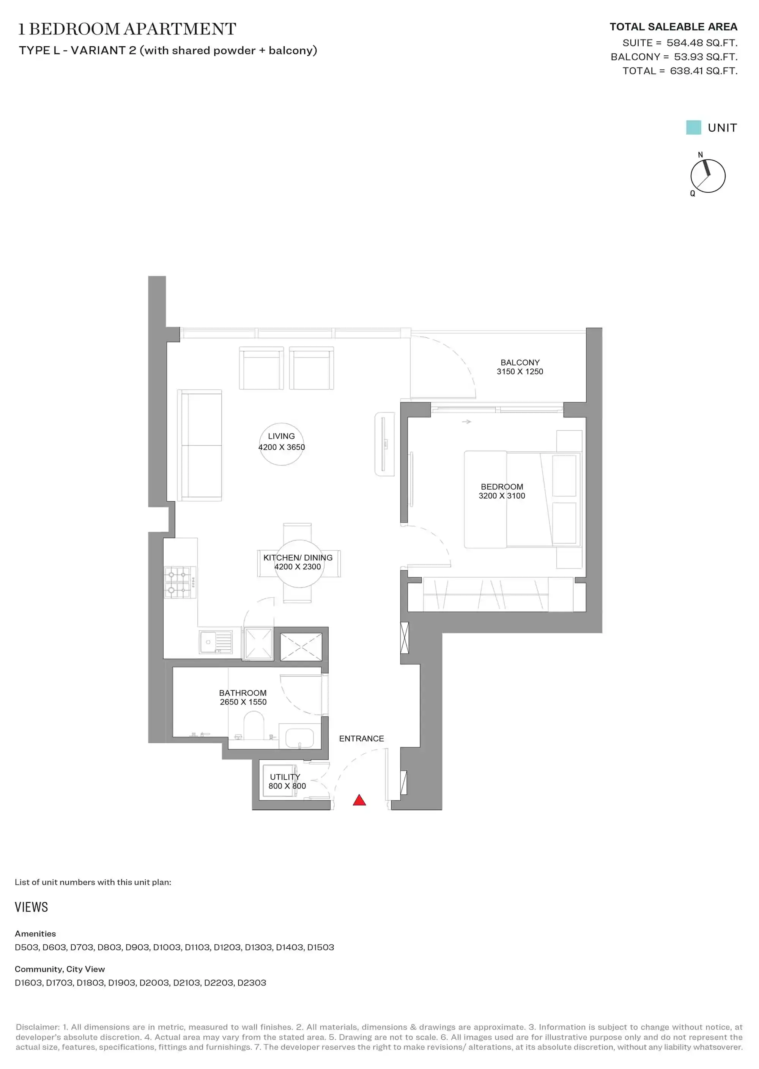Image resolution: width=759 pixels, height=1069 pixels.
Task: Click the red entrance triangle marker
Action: pos(359,800)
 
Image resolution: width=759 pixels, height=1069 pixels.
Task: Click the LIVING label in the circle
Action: pos(281,436)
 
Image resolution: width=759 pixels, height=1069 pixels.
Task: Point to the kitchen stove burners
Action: pos(180,582)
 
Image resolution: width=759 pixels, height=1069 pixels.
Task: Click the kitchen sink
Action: pos(216,642)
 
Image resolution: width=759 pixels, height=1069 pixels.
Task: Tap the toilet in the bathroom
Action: pos(254,726)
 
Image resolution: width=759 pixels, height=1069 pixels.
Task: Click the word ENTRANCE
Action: pos(361,739)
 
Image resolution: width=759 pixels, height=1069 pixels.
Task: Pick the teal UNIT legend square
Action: pos(694,128)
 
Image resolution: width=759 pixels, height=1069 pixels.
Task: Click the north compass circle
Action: pos(708,176)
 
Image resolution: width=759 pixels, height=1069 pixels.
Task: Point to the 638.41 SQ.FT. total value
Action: pos(703,71)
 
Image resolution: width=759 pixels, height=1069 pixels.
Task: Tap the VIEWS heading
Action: pos(31,907)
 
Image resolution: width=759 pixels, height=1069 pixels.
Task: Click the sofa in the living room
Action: pos(200,445)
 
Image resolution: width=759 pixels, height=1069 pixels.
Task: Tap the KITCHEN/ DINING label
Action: pos(298,557)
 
